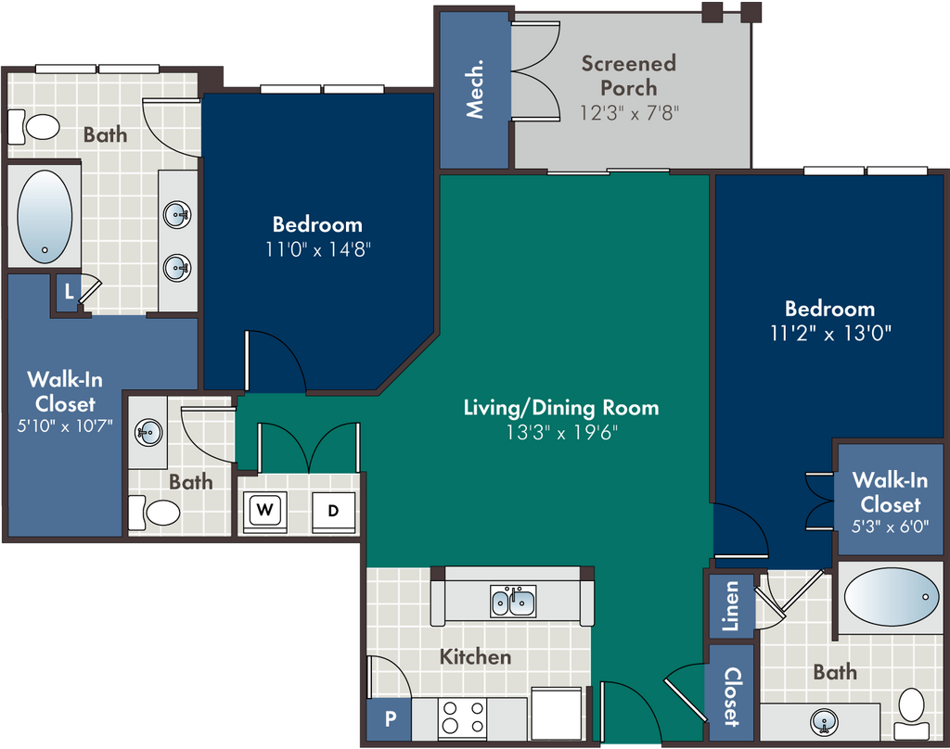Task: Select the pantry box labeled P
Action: click(390, 719)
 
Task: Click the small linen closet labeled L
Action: click(69, 292)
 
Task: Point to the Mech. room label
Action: click(474, 88)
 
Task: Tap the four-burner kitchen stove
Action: click(462, 717)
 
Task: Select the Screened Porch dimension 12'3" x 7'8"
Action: click(629, 113)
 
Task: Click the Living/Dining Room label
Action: click(561, 408)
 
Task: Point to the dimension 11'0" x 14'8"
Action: click(318, 249)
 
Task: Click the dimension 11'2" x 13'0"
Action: click(830, 334)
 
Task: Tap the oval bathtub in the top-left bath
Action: click(45, 217)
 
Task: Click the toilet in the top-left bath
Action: click(34, 127)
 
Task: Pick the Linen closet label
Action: click(732, 606)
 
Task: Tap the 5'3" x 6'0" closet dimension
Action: click(890, 527)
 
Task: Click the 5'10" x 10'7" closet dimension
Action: click(65, 426)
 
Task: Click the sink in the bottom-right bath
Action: click(824, 721)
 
